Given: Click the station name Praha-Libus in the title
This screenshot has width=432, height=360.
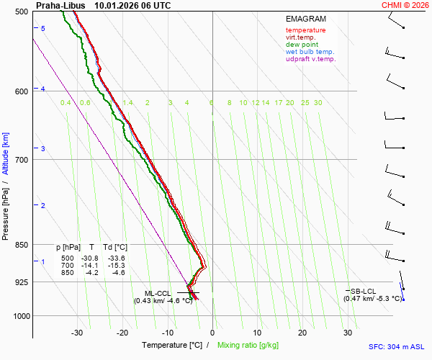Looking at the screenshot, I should point(60,5).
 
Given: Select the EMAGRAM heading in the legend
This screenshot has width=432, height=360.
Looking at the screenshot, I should point(305,19).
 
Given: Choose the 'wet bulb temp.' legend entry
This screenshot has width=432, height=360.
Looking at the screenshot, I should point(310,52).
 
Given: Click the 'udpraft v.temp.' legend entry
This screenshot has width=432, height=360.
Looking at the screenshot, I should point(310,59).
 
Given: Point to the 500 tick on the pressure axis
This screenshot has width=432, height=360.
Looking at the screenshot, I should point(21,12).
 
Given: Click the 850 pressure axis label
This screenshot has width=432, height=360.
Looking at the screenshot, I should point(21,245).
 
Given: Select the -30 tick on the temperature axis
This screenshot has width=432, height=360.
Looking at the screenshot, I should point(77,333).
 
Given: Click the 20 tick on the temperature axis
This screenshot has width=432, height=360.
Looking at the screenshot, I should point(302,333).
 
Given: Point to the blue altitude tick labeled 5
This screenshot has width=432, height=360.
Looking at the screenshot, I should point(43,28).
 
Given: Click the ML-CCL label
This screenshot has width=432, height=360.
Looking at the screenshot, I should point(158,293).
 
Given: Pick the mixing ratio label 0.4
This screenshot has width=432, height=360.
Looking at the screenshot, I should point(66,103).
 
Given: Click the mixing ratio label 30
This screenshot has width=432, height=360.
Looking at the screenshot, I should point(318,103).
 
